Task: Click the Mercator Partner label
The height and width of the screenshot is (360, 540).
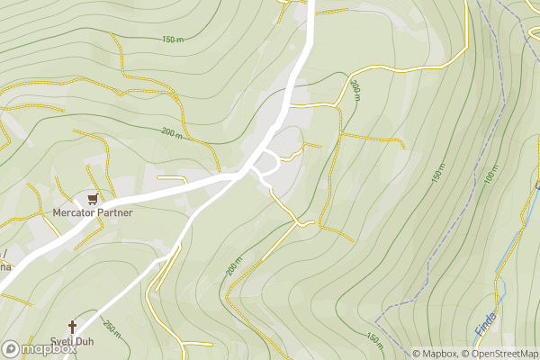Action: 92,213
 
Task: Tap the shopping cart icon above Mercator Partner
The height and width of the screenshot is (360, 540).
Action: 92,199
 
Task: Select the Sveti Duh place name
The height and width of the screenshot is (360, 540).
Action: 73,343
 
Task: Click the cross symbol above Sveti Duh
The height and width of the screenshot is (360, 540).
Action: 73,327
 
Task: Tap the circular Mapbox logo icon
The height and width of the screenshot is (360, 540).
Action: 11,349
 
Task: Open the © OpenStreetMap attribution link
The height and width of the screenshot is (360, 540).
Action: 499,354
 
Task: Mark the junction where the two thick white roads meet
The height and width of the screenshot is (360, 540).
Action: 236,176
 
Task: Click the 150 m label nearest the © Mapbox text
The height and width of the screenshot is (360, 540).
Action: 373,337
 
